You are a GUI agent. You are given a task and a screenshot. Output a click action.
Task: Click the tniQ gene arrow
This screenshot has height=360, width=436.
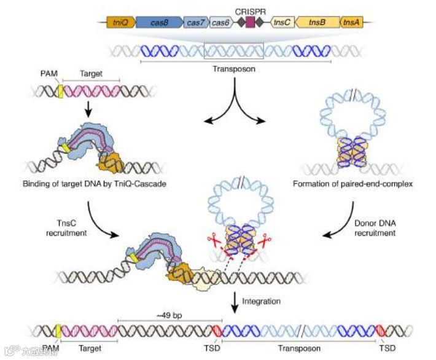click(117, 23)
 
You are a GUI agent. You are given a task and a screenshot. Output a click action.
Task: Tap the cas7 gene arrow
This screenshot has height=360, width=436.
click(195, 23)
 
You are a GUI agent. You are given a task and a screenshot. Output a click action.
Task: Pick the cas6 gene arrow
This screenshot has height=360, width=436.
click(219, 23)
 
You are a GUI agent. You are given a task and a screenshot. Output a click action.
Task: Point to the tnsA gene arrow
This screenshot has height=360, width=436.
click(351, 23)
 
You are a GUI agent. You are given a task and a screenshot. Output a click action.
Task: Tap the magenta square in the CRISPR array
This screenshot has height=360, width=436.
click(251, 23)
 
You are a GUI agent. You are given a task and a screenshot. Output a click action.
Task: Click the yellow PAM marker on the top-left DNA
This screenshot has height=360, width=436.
click(61, 92)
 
